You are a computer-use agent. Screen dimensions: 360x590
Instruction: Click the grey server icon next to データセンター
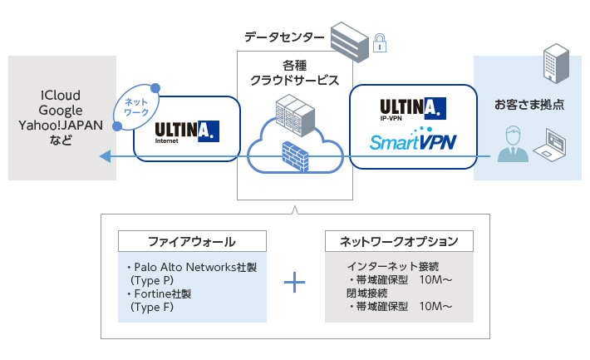(348, 37)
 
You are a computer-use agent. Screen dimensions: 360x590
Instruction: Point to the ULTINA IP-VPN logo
(413, 109)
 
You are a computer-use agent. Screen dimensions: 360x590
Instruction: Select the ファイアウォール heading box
(192, 241)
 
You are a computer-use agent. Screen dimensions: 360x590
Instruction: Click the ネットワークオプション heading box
(398, 241)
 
